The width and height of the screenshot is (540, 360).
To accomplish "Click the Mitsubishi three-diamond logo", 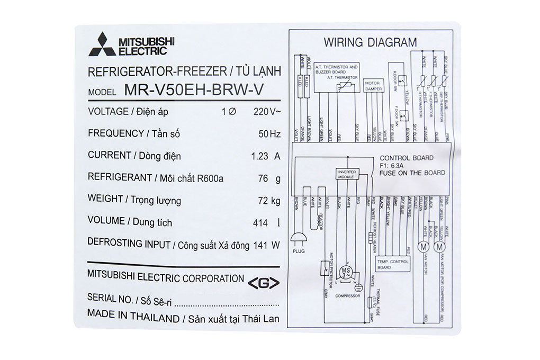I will pos(101,46).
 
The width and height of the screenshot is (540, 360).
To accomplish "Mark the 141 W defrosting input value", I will pos(267,245).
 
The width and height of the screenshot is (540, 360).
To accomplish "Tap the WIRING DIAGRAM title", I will pos(370,42).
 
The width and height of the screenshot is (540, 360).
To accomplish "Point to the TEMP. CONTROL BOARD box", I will pos(392,264).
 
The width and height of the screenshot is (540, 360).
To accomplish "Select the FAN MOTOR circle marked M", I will pos(424,246).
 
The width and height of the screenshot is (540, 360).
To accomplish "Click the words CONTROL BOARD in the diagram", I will pos(406,158).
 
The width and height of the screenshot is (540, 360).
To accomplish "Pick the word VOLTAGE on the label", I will pos(108,111).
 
